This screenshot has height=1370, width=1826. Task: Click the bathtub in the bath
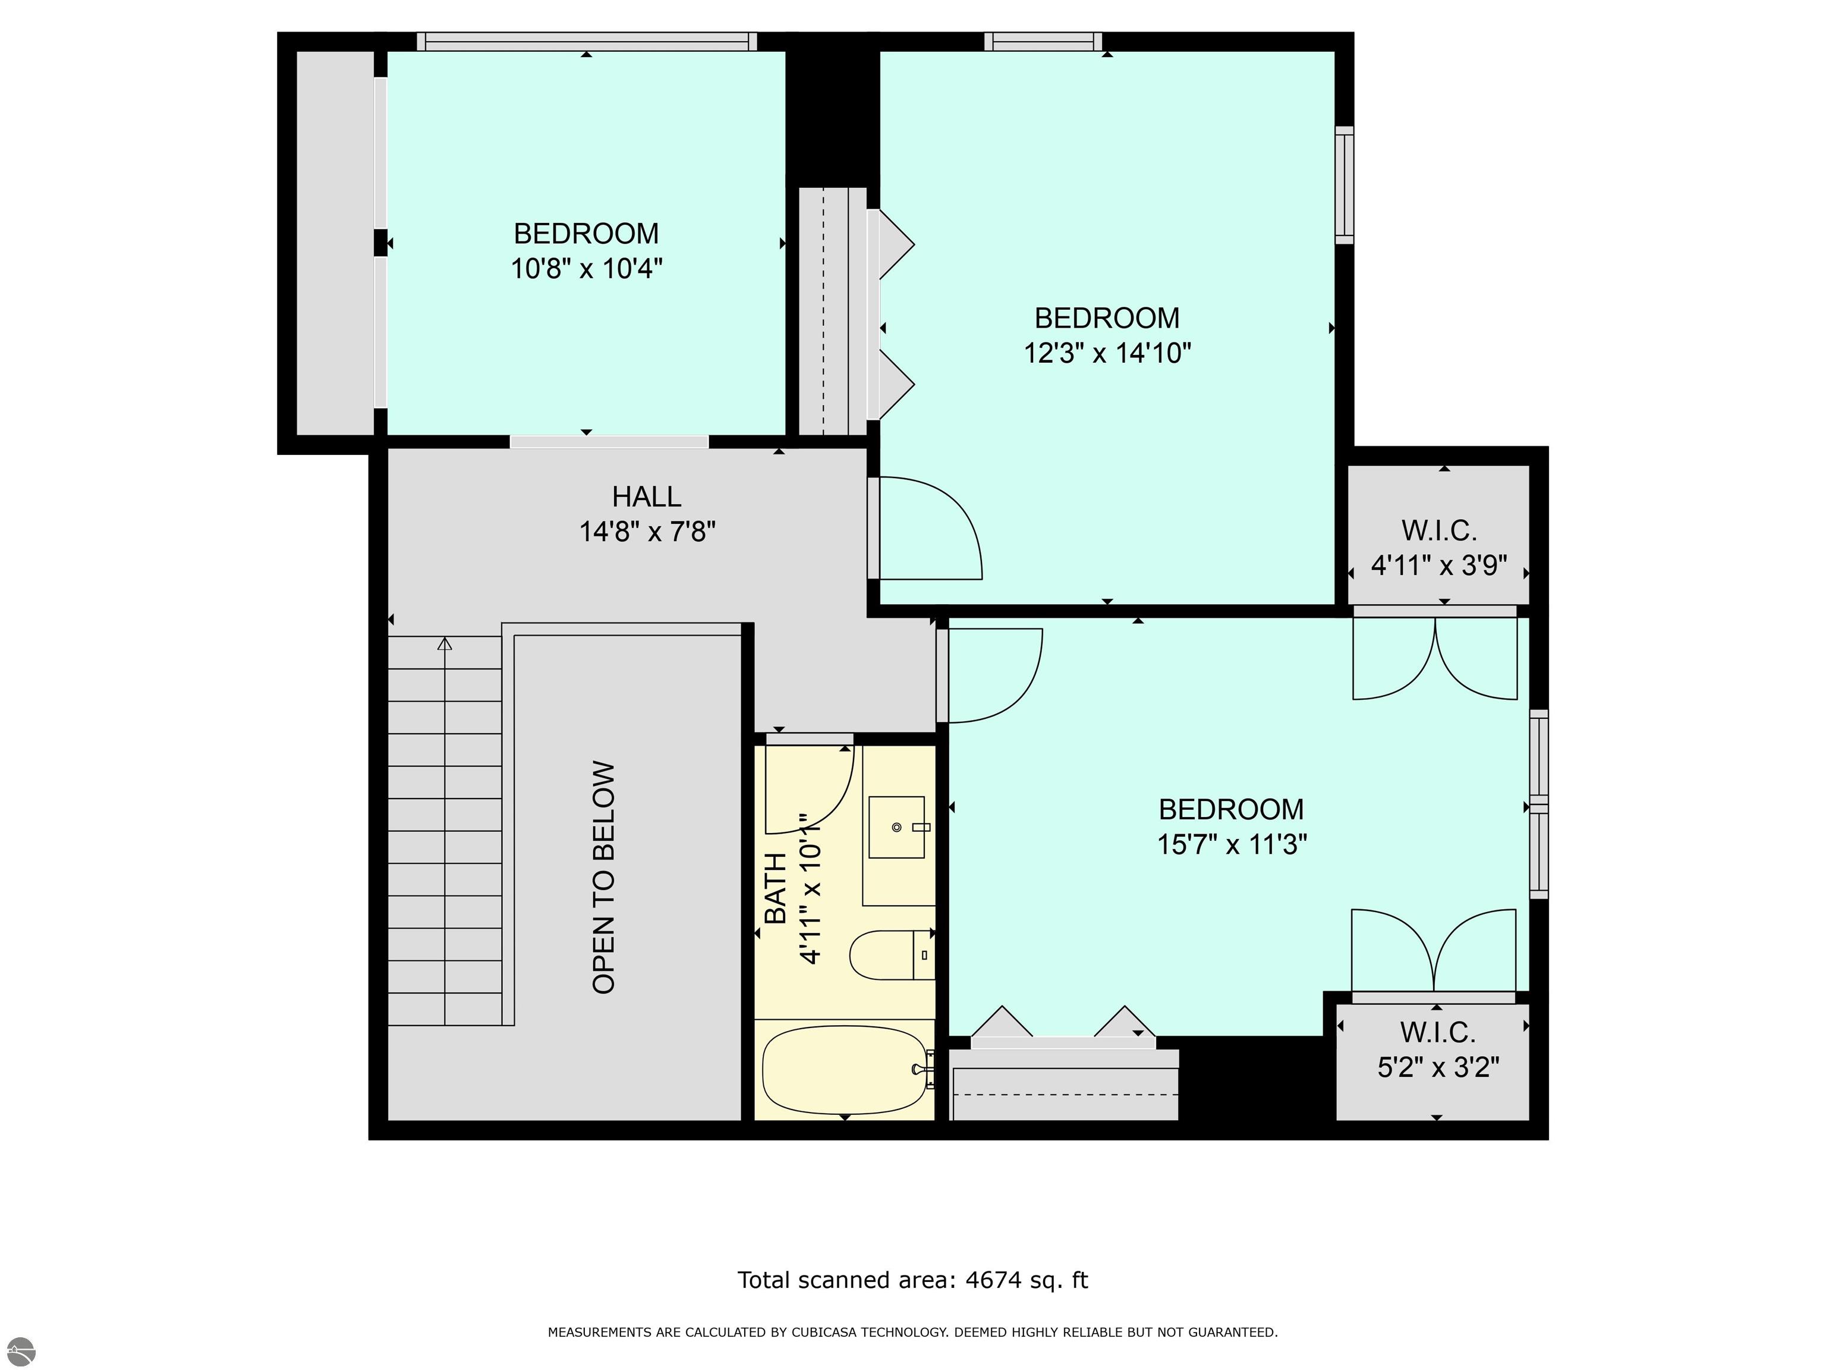click(x=843, y=1070)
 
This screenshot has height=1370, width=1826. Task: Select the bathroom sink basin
click(x=896, y=827)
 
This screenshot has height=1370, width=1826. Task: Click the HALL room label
click(x=646, y=497)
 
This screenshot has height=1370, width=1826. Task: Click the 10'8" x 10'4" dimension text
click(x=586, y=268)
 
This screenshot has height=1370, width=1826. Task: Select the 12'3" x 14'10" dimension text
click(x=1107, y=353)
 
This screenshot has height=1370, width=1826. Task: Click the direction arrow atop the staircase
click(x=445, y=644)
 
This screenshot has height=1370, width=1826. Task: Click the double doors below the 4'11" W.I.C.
click(x=1435, y=656)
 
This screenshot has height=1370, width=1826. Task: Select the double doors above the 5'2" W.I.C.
click(x=1434, y=950)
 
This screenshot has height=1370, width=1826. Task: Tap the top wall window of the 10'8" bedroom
click(x=586, y=41)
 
